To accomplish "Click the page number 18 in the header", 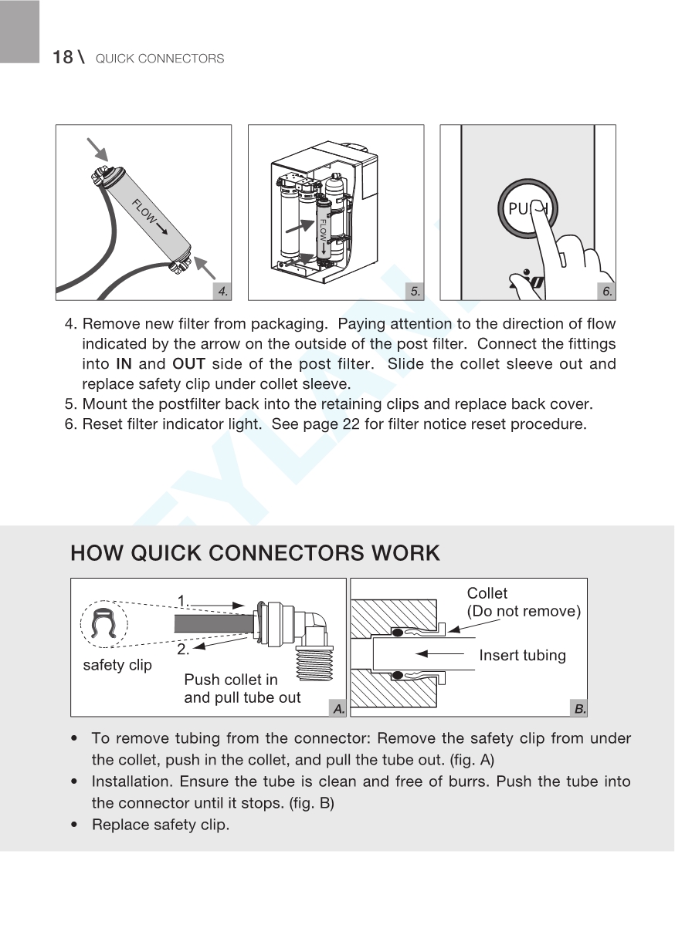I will click(x=63, y=58).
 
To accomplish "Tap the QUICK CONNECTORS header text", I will click(x=160, y=59).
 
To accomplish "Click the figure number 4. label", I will click(x=222, y=291).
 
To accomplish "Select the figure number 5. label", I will click(x=416, y=291).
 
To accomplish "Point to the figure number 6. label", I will click(x=607, y=291).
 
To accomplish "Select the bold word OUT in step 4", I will click(x=188, y=364).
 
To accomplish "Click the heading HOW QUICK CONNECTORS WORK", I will click(x=255, y=553).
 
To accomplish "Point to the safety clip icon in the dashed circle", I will click(x=103, y=623).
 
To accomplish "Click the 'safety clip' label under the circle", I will click(x=117, y=665).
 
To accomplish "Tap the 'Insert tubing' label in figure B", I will click(x=522, y=656).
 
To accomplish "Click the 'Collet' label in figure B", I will click(x=487, y=593).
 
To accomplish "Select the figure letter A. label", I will click(x=337, y=707).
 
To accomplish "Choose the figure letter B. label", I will click(x=579, y=707).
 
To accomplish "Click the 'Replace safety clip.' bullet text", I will click(x=160, y=825).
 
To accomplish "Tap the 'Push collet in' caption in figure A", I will click(x=231, y=680).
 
